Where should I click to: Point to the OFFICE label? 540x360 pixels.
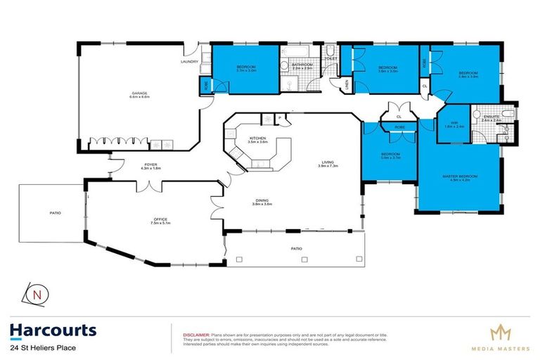pos(158,219)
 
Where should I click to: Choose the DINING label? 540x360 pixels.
pos(263,201)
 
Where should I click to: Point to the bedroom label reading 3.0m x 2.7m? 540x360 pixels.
pos(390,155)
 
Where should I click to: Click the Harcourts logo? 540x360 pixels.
pos(53,330)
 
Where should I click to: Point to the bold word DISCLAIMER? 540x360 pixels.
pos(197,335)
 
